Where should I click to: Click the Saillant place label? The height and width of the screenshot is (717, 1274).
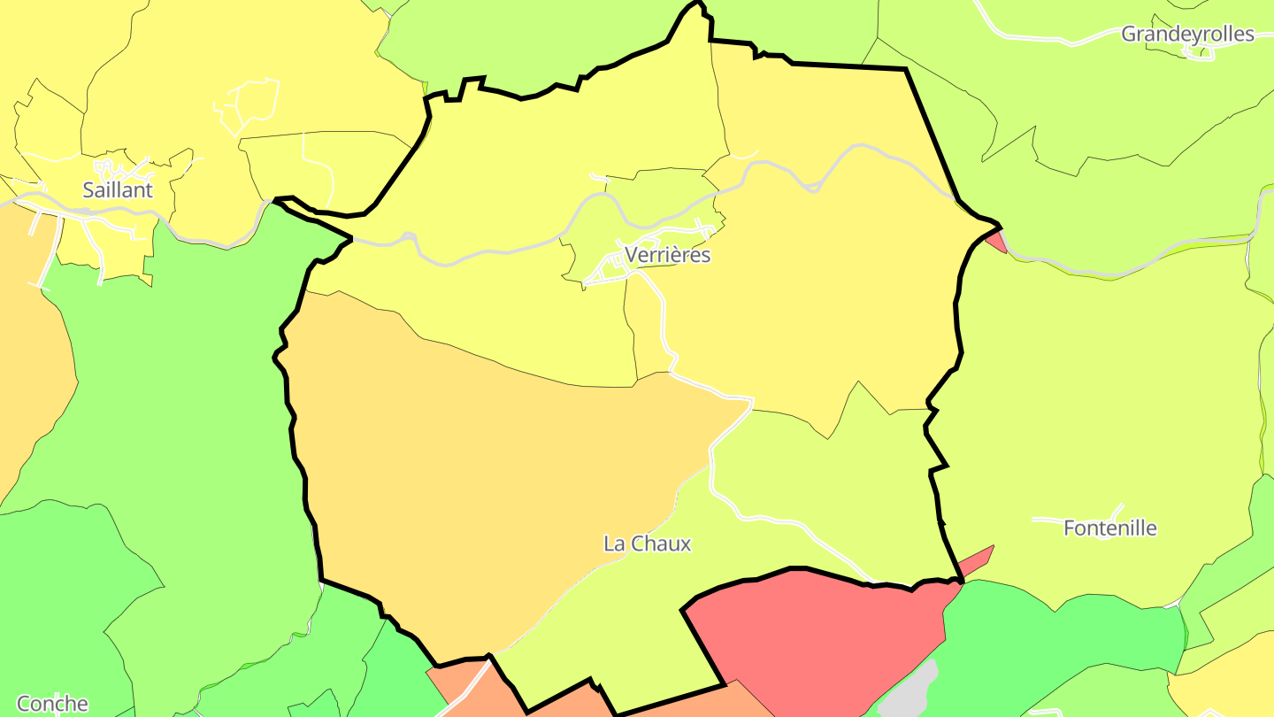pyautogui.click(x=118, y=189)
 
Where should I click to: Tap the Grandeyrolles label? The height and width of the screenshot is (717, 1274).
pyautogui.click(x=1187, y=35)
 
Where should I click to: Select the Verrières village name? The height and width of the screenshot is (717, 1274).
pyautogui.click(x=667, y=255)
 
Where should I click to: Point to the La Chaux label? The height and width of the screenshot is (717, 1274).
pyautogui.click(x=647, y=544)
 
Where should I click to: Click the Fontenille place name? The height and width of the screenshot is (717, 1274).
pyautogui.click(x=1109, y=528)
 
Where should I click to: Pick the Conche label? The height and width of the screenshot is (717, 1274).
pyautogui.click(x=52, y=704)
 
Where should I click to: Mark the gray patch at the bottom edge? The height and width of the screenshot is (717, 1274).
pyautogui.click(x=911, y=690)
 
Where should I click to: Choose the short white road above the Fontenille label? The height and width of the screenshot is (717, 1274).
pyautogui.click(x=1079, y=517)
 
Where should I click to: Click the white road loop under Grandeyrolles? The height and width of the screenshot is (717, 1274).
pyautogui.click(x=1199, y=54)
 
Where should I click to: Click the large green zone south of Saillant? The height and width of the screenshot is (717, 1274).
pyautogui.click(x=177, y=398)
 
